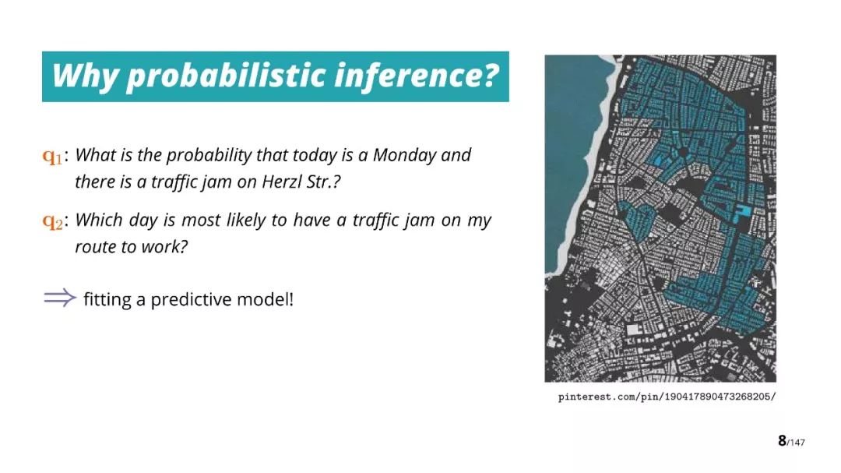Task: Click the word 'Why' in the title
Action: (x=85, y=76)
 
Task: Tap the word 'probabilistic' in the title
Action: (x=226, y=76)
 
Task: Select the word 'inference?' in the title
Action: (x=417, y=75)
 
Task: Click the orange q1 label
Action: (x=53, y=156)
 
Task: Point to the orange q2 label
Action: (x=53, y=221)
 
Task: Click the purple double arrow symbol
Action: (x=60, y=298)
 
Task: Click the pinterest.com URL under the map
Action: (x=667, y=397)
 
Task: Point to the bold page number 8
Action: (x=782, y=441)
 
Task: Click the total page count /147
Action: (x=797, y=443)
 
